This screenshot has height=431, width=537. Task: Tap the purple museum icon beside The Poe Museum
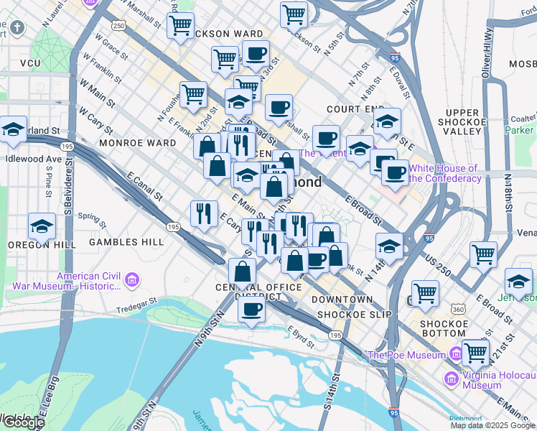[456, 354]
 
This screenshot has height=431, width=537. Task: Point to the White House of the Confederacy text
[444, 173]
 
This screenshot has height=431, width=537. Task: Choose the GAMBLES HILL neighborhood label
[126, 243]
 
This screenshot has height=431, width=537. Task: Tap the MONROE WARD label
[137, 143]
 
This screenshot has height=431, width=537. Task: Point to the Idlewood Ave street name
[33, 158]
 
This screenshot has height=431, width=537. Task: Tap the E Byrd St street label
[302, 335]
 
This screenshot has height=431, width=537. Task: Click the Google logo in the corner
[23, 422]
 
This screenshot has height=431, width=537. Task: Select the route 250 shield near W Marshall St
[118, 25]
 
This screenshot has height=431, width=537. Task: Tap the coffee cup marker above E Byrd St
[251, 310]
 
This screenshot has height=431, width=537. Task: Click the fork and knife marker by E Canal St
[205, 213]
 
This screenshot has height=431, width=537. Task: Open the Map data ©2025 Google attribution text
[492, 425]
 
